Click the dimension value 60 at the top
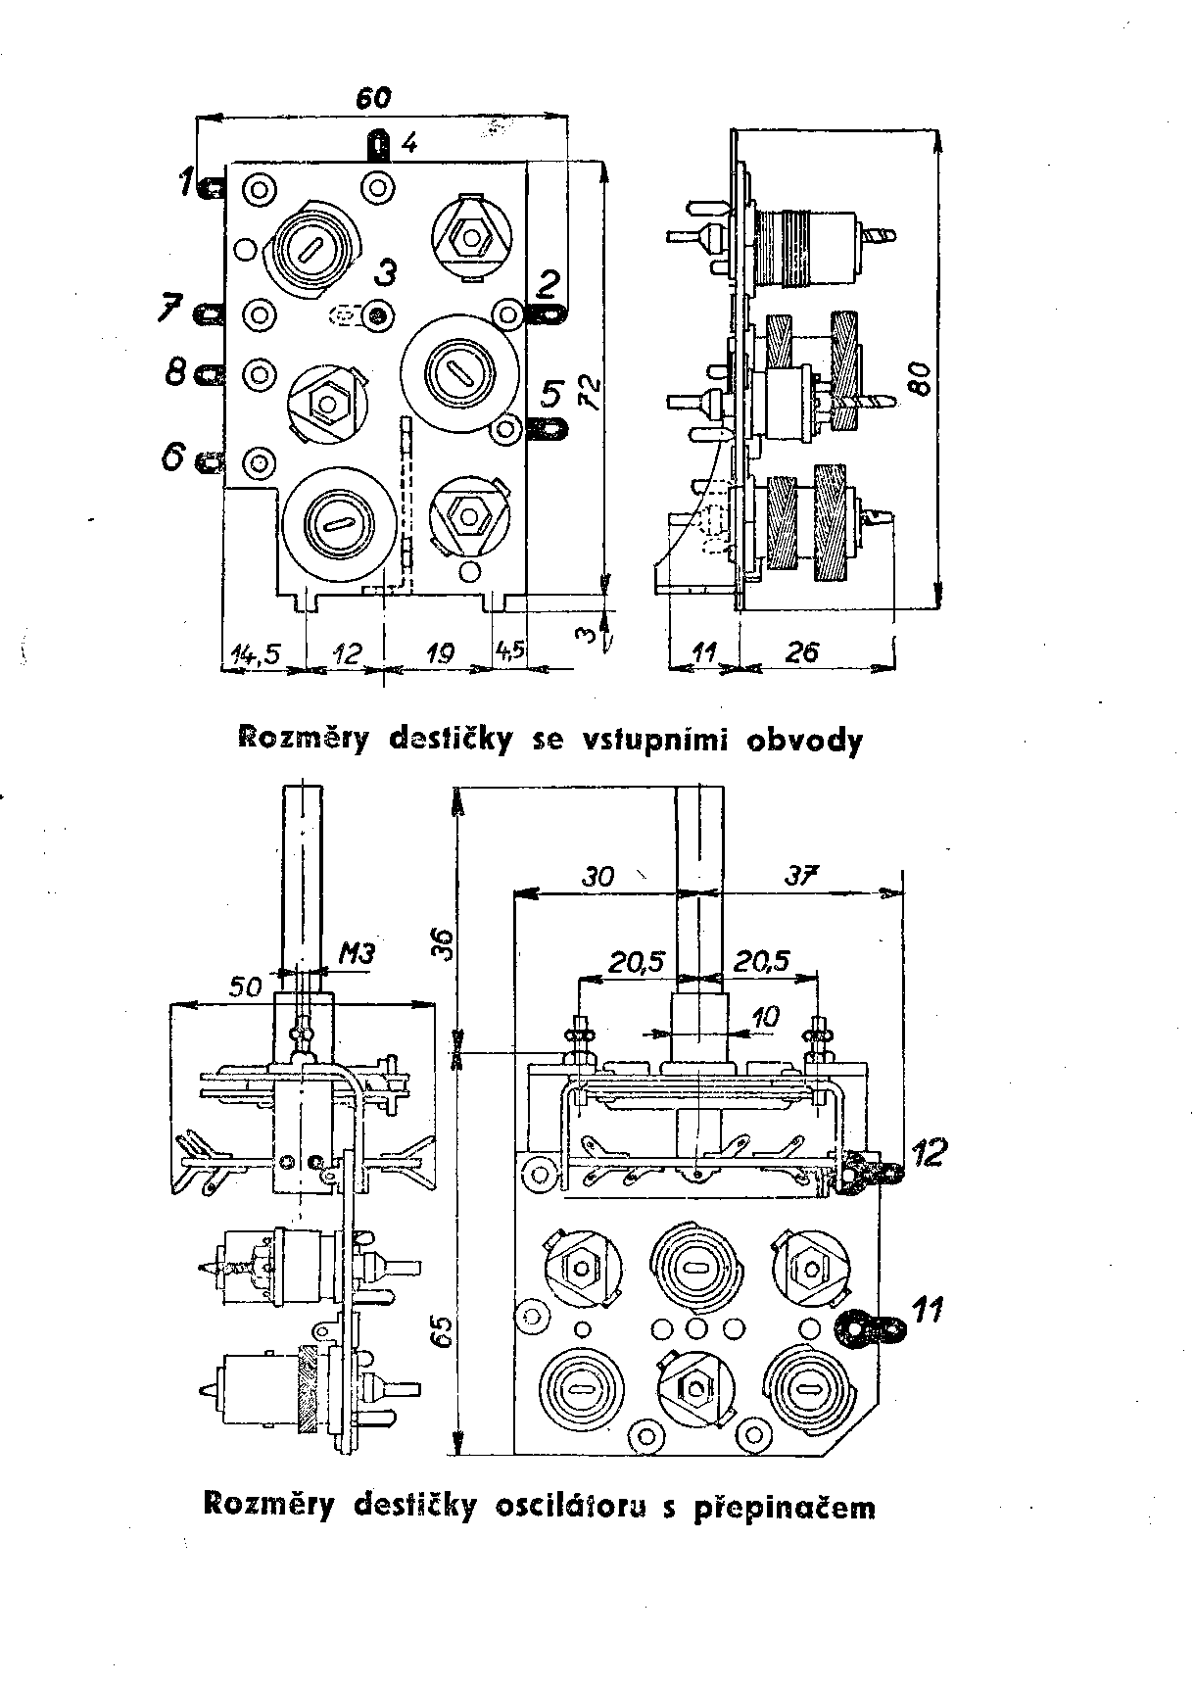point(373,98)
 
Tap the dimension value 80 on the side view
point(920,374)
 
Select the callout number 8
point(176,372)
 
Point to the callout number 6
point(173,456)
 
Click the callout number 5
point(551,396)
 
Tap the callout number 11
point(927,1308)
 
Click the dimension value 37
point(801,875)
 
